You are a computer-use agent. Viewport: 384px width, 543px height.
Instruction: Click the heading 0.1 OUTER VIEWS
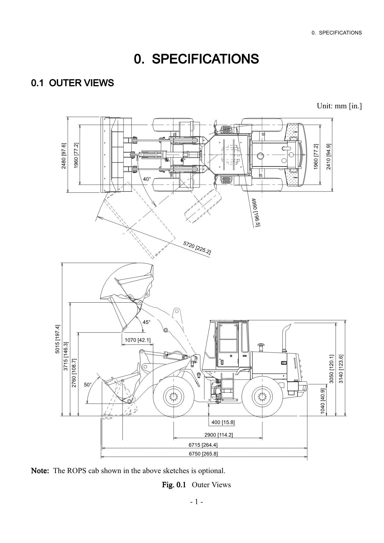72,83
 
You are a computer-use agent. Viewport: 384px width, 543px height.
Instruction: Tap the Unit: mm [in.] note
339,106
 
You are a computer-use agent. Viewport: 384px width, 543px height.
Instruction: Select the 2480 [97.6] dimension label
63,156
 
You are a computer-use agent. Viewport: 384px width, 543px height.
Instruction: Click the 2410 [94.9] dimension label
329,156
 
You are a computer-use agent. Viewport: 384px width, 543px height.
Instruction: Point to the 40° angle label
147,179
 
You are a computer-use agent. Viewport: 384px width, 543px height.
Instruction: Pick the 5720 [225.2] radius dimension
197,248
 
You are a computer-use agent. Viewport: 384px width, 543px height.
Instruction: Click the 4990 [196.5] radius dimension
256,212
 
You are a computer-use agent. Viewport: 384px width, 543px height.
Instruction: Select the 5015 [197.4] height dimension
58,339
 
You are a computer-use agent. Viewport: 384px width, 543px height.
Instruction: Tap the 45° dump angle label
146,322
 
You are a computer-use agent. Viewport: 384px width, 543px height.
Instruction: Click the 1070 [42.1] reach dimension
137,340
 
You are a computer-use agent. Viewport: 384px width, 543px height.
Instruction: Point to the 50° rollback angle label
88,385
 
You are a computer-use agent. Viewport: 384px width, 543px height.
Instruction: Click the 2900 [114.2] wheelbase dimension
218,435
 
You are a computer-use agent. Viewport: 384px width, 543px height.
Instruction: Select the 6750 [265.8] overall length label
203,454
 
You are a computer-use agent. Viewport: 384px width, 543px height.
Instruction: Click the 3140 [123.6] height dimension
341,369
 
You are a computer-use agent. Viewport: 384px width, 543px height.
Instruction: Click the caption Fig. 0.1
174,485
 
